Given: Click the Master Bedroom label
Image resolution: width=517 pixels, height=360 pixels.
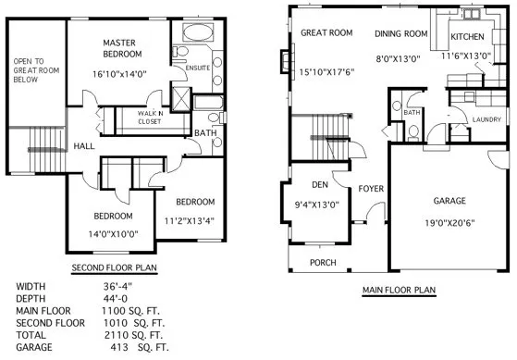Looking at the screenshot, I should (x=120, y=49).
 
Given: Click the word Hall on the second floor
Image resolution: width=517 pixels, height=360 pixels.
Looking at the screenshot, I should (x=85, y=146).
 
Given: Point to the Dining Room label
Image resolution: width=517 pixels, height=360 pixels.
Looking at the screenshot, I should (x=401, y=34).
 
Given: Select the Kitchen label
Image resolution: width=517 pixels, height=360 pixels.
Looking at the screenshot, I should (x=467, y=36).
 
